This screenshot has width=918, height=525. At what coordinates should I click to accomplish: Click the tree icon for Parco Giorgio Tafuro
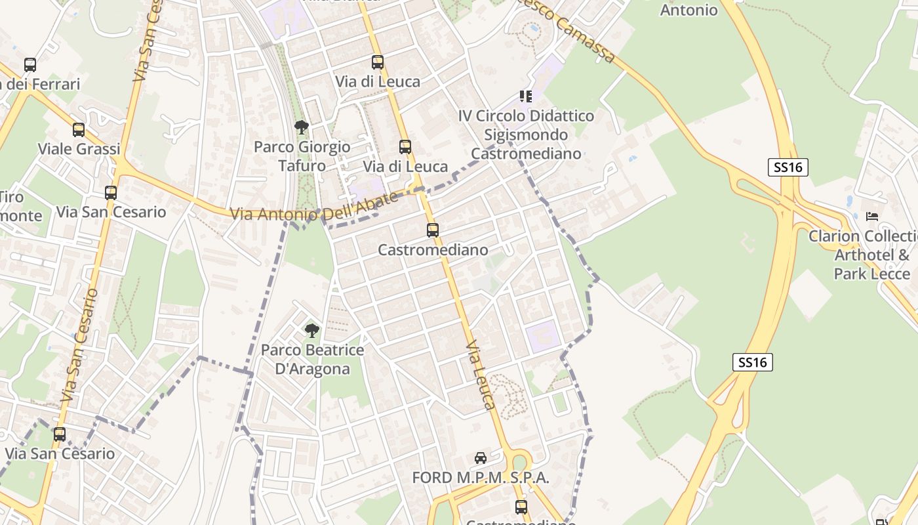(x=302, y=127)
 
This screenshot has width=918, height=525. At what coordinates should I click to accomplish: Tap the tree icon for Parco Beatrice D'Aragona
(x=312, y=331)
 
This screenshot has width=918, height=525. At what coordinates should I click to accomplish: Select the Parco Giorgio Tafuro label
(x=302, y=156)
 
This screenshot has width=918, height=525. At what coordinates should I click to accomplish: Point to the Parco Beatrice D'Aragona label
(x=312, y=360)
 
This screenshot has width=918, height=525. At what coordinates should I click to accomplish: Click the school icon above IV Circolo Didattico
(x=525, y=96)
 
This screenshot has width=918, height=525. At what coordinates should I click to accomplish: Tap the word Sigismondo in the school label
(x=526, y=135)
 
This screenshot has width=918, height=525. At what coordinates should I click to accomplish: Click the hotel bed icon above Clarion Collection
(x=872, y=216)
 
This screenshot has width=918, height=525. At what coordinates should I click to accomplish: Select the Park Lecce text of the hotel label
(x=872, y=274)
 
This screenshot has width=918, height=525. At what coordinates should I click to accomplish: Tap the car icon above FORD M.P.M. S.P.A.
(x=481, y=458)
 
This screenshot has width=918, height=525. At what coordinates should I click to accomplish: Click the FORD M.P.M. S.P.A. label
(x=481, y=478)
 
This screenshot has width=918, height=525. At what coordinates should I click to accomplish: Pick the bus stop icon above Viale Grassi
(x=79, y=130)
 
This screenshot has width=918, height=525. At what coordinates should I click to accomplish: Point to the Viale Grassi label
(x=79, y=149)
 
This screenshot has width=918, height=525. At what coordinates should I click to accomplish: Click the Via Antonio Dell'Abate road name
(x=314, y=209)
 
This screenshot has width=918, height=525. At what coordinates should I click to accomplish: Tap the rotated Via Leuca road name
(x=480, y=375)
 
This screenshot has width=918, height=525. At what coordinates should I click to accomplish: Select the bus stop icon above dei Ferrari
(x=30, y=65)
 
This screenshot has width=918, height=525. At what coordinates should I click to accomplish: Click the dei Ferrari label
(x=41, y=84)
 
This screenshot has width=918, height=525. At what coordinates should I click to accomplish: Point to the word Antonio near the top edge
(x=688, y=10)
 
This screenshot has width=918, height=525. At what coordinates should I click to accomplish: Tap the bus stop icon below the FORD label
(x=521, y=507)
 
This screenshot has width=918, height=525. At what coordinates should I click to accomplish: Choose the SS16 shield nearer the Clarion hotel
(x=788, y=167)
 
